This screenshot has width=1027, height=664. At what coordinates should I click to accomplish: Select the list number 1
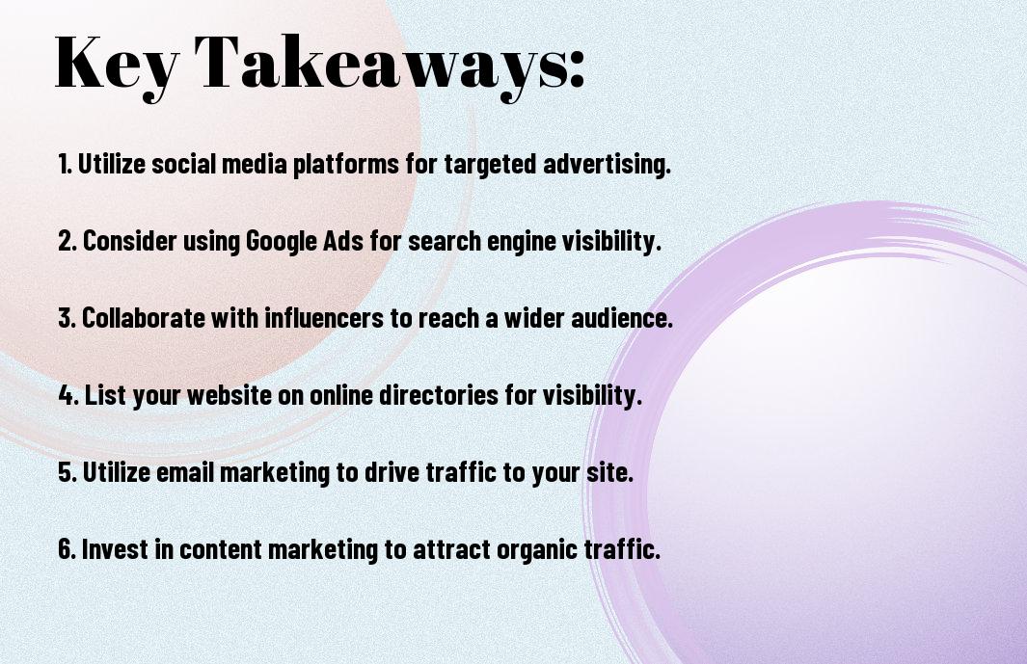pos(65,164)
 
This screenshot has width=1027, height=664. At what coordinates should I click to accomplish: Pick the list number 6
pos(68,548)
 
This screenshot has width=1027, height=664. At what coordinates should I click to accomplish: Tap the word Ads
pos(343,240)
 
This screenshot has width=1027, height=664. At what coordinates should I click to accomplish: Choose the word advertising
pos(607,165)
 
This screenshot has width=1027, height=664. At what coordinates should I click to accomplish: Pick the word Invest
pos(115,548)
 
